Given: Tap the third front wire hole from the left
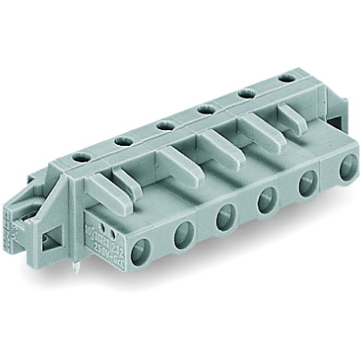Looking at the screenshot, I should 223,221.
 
